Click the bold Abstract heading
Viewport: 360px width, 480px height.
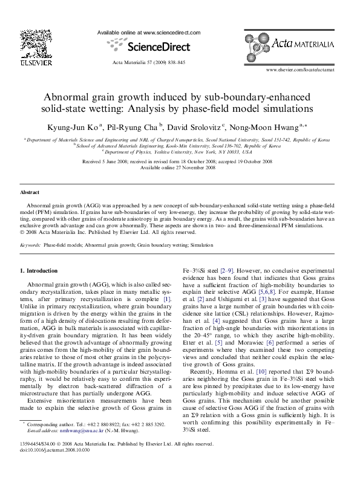[x=30, y=192]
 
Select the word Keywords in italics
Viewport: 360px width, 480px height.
[x=30, y=245]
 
